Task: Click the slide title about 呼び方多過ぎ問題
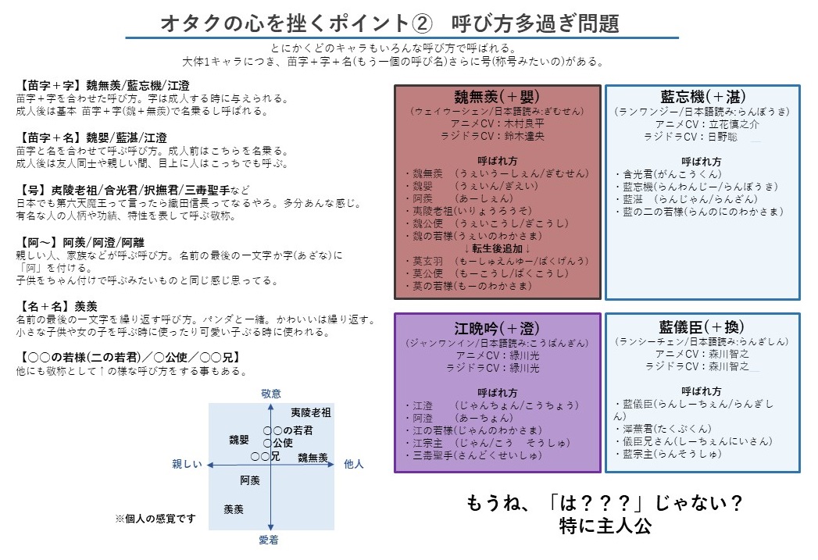(390, 23)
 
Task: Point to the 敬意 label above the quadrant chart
(270, 394)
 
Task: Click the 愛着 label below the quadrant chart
(269, 540)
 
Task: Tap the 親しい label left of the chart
(188, 464)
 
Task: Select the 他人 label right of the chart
(354, 464)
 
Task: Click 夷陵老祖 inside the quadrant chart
(310, 412)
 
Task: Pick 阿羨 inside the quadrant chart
(250, 480)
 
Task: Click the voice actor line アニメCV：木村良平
(498, 123)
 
